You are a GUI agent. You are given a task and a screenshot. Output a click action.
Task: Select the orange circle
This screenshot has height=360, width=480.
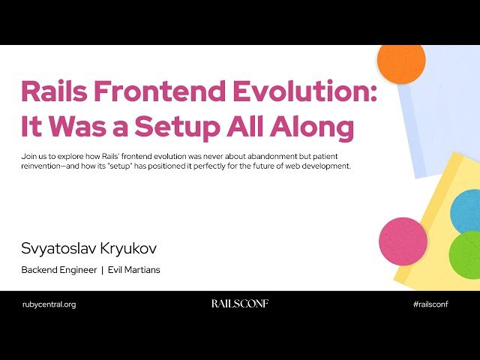401,61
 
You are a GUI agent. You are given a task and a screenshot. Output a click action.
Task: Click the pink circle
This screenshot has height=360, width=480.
403,241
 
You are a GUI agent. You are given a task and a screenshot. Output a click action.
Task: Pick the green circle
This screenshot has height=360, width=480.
466,255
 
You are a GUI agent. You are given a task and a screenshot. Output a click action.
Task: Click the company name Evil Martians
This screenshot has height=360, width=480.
136,270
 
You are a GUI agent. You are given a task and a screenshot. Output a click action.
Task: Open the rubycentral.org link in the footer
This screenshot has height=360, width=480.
49,304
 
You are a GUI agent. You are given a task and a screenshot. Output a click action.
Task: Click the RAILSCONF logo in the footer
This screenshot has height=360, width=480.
239,304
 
